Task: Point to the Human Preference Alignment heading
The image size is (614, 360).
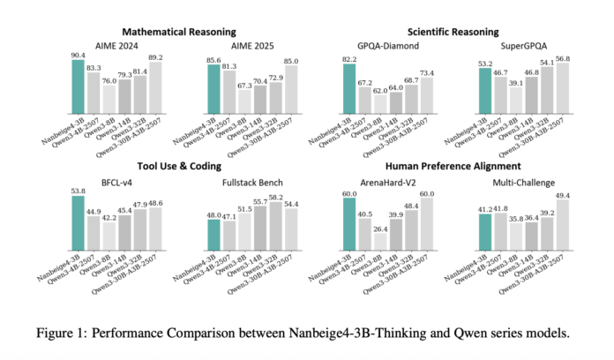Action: tap(446, 165)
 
